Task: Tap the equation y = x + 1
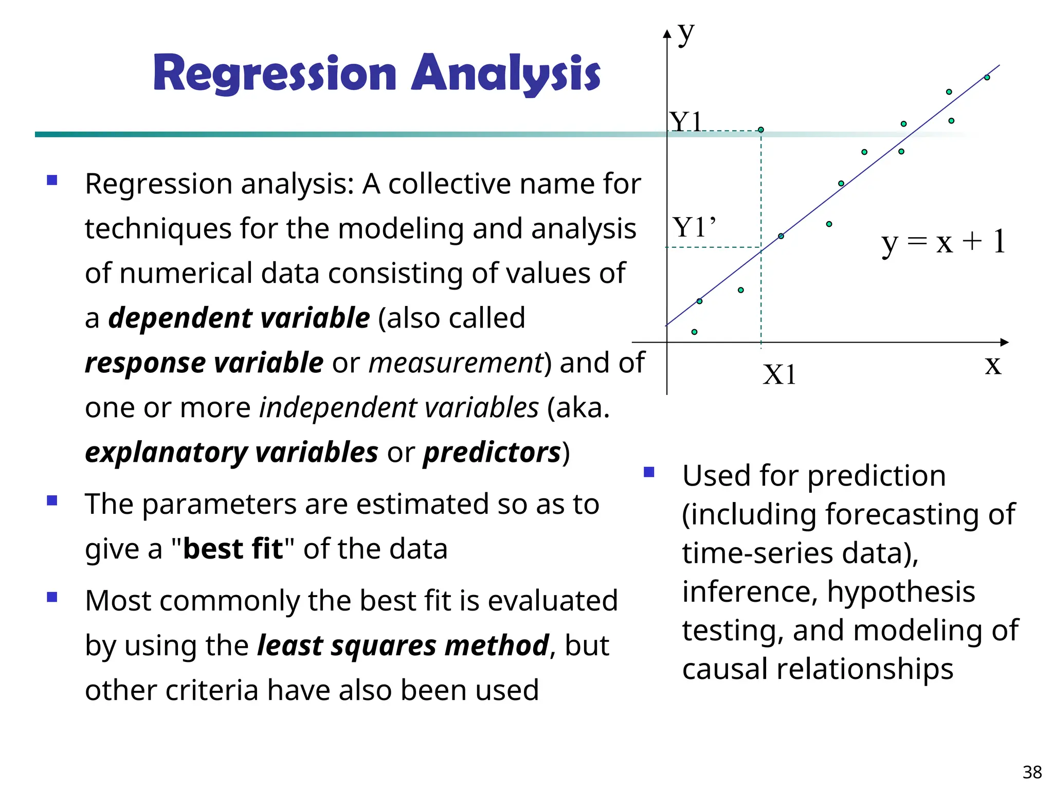[943, 241]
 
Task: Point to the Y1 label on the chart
[685, 122]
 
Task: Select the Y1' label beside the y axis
[694, 227]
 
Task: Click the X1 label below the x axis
[779, 374]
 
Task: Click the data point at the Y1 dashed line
[761, 130]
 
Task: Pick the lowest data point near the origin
[694, 332]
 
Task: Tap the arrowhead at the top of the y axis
[667, 34]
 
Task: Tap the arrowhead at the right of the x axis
[1005, 342]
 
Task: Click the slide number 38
[1032, 772]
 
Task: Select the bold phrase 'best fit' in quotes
[232, 548]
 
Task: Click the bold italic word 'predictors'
[492, 452]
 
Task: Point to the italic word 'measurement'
[456, 363]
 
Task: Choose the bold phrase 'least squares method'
[403, 645]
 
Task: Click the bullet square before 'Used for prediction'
[649, 472]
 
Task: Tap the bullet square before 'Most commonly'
[52, 597]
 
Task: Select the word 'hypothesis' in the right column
[901, 591]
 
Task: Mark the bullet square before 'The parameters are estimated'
[52, 500]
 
